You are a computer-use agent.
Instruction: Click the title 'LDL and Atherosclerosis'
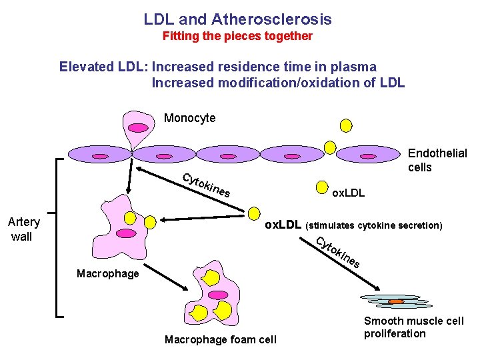(x=237, y=19)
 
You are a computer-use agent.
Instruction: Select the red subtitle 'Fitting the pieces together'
(x=237, y=36)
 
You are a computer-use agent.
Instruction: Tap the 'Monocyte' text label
(x=189, y=118)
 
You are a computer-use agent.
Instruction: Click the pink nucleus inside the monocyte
(x=137, y=127)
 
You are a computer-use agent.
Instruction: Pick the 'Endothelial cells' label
(x=437, y=160)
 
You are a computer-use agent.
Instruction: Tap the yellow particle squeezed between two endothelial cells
(x=329, y=147)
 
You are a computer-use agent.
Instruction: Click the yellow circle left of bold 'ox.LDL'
(x=253, y=213)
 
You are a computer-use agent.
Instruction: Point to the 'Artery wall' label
(x=23, y=229)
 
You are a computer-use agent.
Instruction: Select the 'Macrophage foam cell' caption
(x=220, y=340)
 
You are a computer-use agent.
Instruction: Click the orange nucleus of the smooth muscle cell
(x=396, y=301)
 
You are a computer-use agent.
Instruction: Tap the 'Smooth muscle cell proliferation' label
(x=413, y=327)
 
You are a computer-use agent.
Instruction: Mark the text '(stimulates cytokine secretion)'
(x=374, y=225)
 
